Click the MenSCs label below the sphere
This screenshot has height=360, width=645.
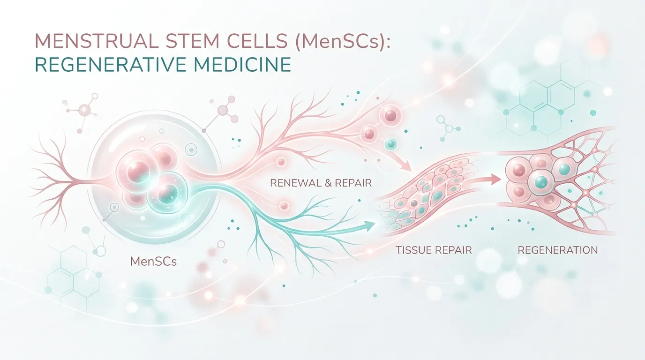coord(153,262)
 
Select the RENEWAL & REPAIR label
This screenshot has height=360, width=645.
coord(321,183)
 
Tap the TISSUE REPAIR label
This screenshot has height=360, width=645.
coord(434,250)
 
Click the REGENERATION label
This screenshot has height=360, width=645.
coord(558,250)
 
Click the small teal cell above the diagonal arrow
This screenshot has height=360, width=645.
coord(391,143)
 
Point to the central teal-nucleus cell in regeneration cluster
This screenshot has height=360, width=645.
coord(541,182)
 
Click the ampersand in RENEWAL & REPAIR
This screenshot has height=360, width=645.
coord(327,183)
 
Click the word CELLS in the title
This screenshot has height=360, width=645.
coord(262,41)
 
